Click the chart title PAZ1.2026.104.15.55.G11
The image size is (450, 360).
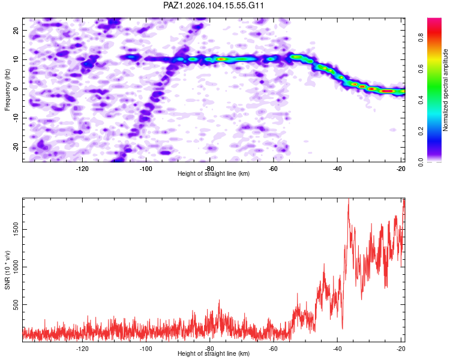coord(213,5)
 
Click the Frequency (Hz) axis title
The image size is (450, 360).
coord(7,90)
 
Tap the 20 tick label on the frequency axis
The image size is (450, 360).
coord(16,31)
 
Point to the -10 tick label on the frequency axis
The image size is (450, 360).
coord(16,118)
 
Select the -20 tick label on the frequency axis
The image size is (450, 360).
coord(16,147)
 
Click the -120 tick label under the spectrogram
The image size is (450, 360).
coord(82,169)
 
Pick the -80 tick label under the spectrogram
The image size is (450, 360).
coord(210,169)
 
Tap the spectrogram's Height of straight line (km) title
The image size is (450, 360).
coord(214,173)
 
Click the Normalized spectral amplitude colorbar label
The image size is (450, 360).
coord(445,90)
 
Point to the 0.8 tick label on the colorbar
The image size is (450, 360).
coord(421,37)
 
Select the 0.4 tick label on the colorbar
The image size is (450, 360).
coord(421,100)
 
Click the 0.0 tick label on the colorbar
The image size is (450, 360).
coord(421,162)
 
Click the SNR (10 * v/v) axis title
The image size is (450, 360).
coord(7,270)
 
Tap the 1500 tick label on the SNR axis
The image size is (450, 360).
coord(16,230)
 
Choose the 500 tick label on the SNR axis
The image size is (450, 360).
coord(16,304)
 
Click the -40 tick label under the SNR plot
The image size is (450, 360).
coord(337,349)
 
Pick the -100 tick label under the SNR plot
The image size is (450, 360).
coord(146,349)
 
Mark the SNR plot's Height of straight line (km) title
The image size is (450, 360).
coord(214,353)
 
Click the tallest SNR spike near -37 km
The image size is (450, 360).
coord(349,199)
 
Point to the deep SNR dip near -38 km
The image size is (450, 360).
coord(343,328)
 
